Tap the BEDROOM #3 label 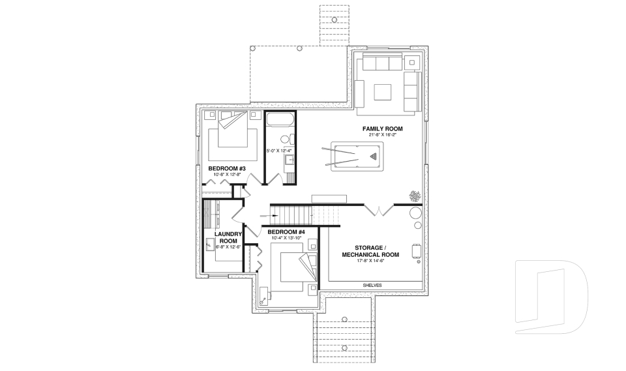pos(225,168)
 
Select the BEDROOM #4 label pos(286,232)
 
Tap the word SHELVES pos(372,286)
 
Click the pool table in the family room pos(356,156)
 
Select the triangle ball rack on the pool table pos(373,156)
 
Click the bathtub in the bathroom pos(280,121)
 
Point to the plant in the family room pos(414,195)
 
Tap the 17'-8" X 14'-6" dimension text pos(371,261)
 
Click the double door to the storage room pos(378,210)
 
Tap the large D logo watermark pos(551,291)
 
